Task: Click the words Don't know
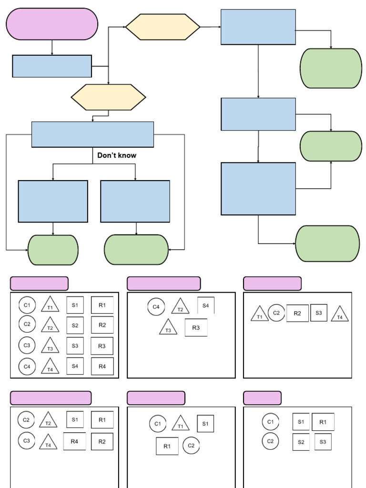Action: (117, 155)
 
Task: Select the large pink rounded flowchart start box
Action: (52, 24)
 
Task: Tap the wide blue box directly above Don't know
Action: (92, 134)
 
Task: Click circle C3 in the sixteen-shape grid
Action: (27, 345)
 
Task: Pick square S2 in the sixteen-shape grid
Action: (75, 325)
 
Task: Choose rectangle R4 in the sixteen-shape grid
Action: (102, 366)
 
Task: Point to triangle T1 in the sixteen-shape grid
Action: (50, 305)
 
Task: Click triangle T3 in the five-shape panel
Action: (168, 328)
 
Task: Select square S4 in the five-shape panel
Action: (206, 305)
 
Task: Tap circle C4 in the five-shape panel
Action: (156, 307)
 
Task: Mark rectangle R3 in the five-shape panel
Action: (196, 327)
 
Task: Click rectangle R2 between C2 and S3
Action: (297, 313)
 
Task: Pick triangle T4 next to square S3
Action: (339, 315)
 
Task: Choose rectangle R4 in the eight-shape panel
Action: (74, 441)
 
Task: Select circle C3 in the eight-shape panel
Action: (26, 441)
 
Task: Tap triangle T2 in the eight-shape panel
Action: (48, 421)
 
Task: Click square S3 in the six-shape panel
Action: (323, 442)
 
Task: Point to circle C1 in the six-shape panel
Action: (270, 422)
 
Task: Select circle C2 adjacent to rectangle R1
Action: (191, 446)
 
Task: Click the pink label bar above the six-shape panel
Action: (262, 398)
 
